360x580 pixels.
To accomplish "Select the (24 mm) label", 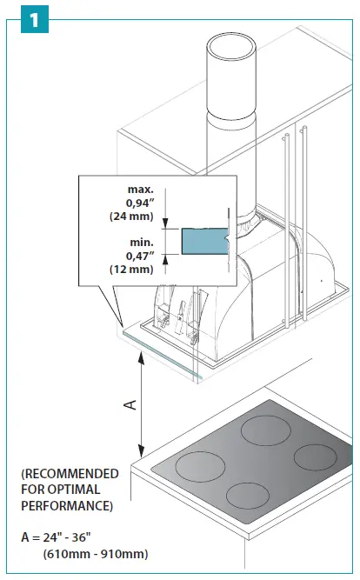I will tap(132, 214).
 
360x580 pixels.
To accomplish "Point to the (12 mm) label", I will tap(132, 269).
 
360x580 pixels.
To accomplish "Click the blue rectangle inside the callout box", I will tap(203, 241).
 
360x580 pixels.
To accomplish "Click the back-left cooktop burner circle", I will tap(266, 429).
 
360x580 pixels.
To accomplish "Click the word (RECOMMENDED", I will tap(70, 474).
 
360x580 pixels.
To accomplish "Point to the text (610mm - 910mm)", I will tap(96, 554).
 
